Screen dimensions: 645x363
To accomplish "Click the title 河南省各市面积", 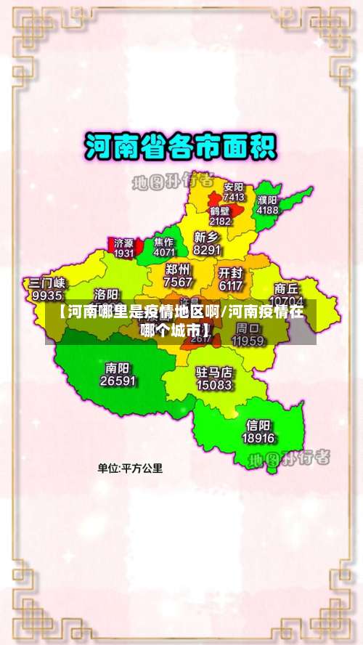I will coord(181,147).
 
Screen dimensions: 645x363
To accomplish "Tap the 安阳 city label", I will coord(234,187).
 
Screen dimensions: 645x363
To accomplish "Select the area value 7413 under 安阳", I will coord(234,197).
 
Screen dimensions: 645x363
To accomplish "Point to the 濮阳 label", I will coord(267,200).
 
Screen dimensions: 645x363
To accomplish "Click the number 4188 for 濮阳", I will coord(267,210).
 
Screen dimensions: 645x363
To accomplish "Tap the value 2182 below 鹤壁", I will coord(220,221).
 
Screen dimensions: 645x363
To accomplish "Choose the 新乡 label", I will coord(208,237).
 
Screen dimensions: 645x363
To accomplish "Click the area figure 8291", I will coord(208,250).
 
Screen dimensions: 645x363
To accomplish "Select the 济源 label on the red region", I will coord(123,243).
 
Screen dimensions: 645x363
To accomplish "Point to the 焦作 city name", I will coord(164,242).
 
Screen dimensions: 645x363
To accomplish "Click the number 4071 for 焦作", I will coord(164,253).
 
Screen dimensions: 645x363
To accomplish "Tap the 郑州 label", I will coord(179,269).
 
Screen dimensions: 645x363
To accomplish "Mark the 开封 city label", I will coord(230,273).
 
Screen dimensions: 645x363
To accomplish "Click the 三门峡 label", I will coord(47,283).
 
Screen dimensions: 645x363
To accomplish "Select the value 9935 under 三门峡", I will coord(47,296).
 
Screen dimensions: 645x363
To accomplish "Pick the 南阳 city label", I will coord(118,367).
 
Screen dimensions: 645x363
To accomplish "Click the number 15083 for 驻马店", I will coord(214,385).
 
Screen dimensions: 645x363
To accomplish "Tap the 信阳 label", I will coord(258,425).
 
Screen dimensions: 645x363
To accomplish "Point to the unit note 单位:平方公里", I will coord(130,468).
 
